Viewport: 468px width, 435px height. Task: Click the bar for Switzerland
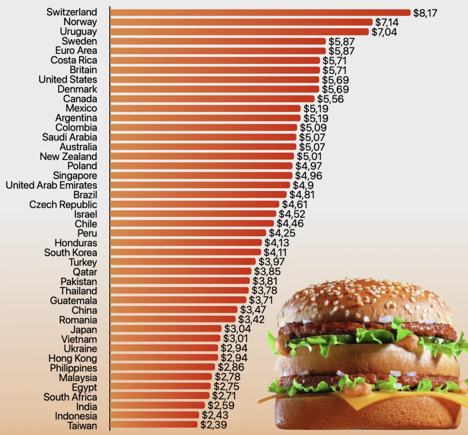click(x=261, y=12)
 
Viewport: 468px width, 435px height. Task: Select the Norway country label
click(x=80, y=22)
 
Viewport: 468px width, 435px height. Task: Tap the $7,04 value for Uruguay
click(x=384, y=32)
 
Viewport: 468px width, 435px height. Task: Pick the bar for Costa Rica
click(x=215, y=60)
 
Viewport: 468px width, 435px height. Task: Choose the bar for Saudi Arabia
click(x=203, y=137)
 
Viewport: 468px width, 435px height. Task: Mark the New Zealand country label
click(x=68, y=156)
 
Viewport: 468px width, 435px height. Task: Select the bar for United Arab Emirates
click(x=200, y=185)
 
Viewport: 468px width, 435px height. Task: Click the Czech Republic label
click(x=63, y=204)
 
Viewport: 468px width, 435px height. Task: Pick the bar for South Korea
click(x=186, y=252)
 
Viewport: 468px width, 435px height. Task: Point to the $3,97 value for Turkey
click(x=271, y=262)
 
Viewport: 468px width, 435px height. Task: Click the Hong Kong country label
click(x=73, y=358)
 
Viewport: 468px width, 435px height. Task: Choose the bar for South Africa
click(x=160, y=396)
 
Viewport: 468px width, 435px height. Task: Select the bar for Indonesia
click(x=155, y=415)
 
